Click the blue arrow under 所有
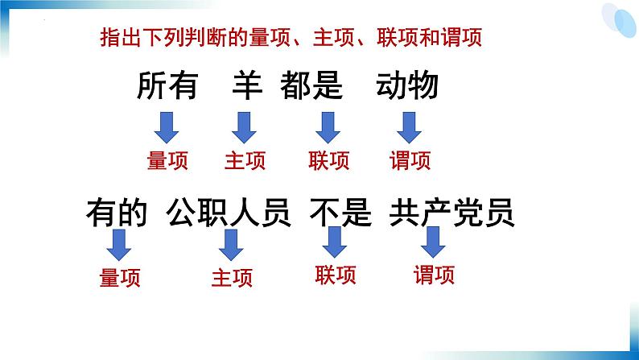pos(167,126)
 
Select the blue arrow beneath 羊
pos(243,126)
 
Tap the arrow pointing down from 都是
pos(327,126)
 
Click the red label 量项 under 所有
pos(167,160)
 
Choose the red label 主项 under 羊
pos(245,160)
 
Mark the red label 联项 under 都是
pos(328,160)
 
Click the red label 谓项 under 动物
pos(410,160)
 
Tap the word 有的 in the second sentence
pos(117,213)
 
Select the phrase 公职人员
pos(229,213)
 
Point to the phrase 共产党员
pos(451,213)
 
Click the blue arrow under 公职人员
pos(231,243)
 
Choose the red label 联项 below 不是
pos(336,275)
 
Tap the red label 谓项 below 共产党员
pos(435,275)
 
